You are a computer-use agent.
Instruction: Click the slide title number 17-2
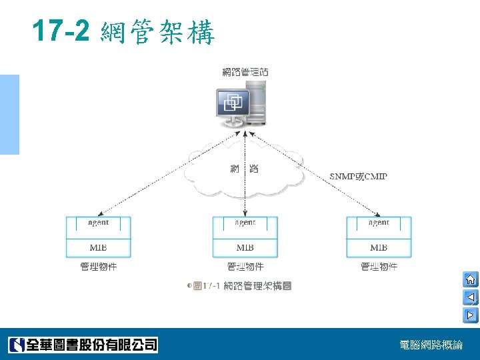(x=61, y=31)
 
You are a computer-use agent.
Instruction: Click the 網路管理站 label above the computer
(x=245, y=72)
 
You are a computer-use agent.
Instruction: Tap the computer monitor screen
(x=234, y=102)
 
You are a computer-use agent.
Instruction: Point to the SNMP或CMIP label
(x=359, y=177)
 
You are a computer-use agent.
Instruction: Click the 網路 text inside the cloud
(x=244, y=169)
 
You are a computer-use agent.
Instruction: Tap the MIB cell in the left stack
(x=98, y=247)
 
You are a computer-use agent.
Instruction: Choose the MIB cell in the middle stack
(x=245, y=247)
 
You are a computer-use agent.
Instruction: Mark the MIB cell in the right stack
(x=379, y=247)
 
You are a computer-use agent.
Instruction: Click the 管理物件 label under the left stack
(x=98, y=267)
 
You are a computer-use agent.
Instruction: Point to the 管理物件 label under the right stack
(x=379, y=267)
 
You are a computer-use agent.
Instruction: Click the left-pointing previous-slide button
(x=470, y=297)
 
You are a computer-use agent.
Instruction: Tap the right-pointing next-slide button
(x=470, y=314)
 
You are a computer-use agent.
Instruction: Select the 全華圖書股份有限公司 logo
(x=83, y=345)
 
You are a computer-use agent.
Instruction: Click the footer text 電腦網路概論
(x=431, y=345)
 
